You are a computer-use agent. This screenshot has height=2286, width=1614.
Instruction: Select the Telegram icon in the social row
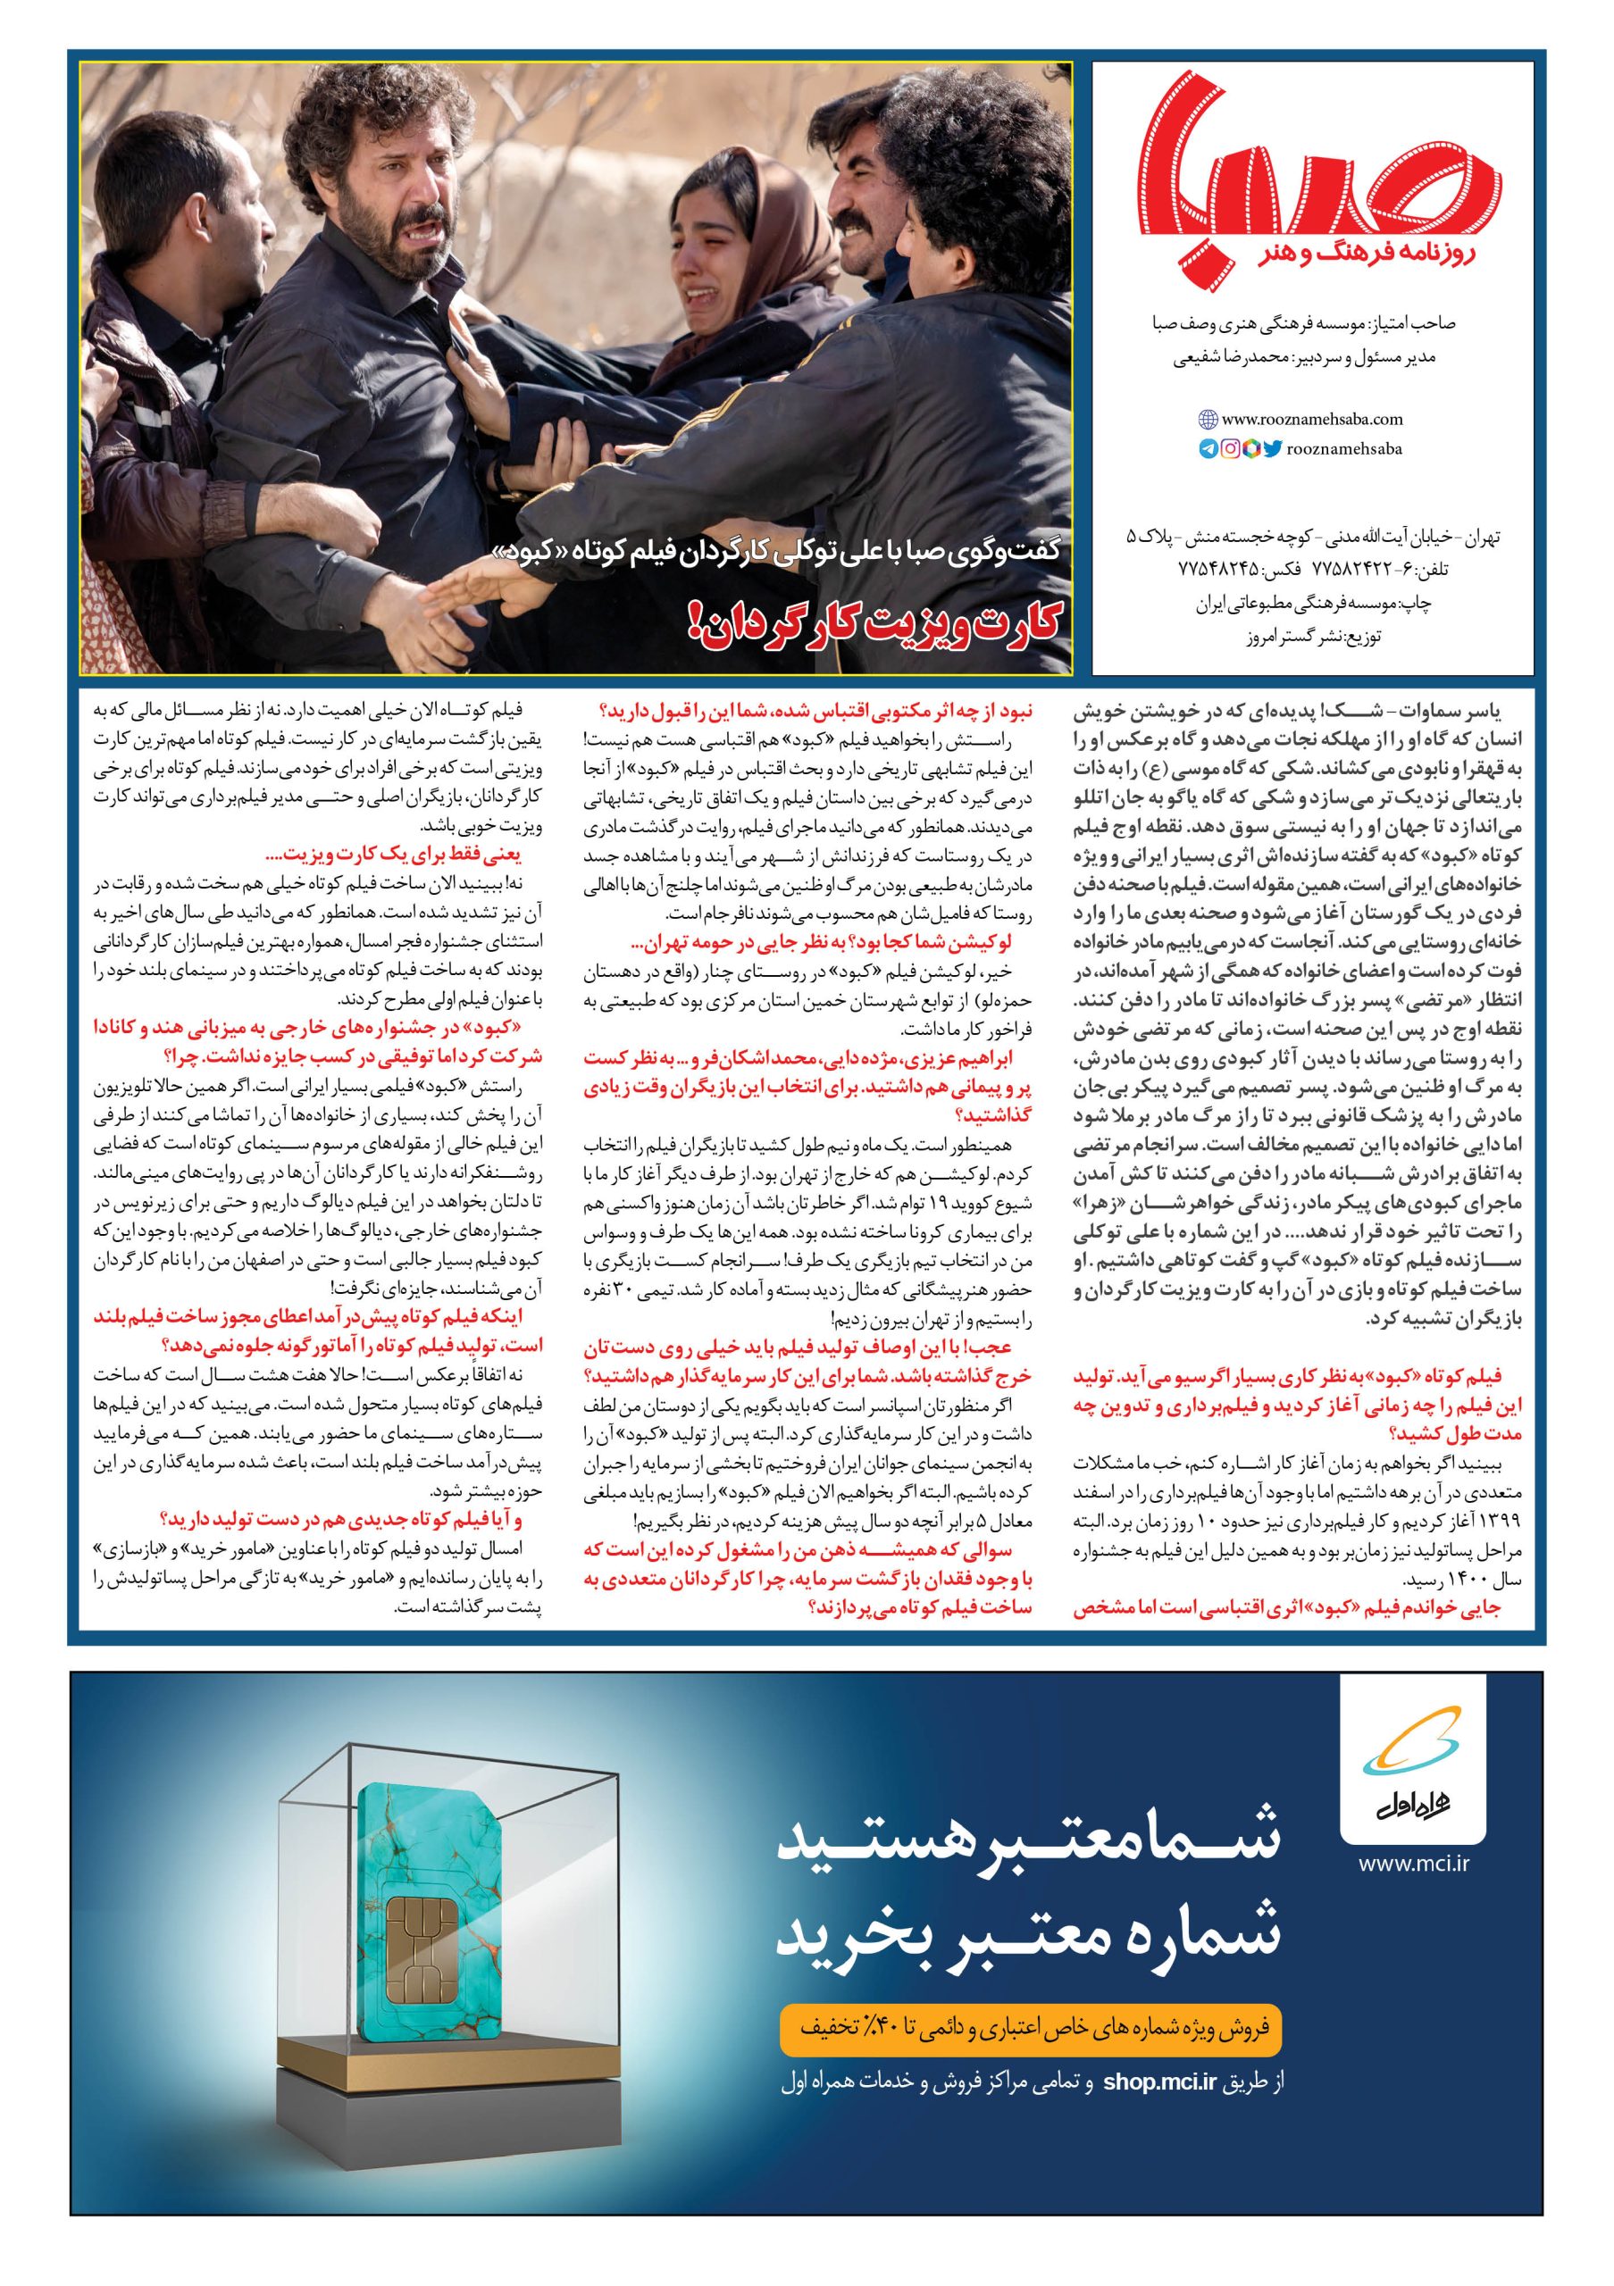[x=1208, y=449]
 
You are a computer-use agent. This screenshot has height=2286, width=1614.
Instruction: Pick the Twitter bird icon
[x=1272, y=449]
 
